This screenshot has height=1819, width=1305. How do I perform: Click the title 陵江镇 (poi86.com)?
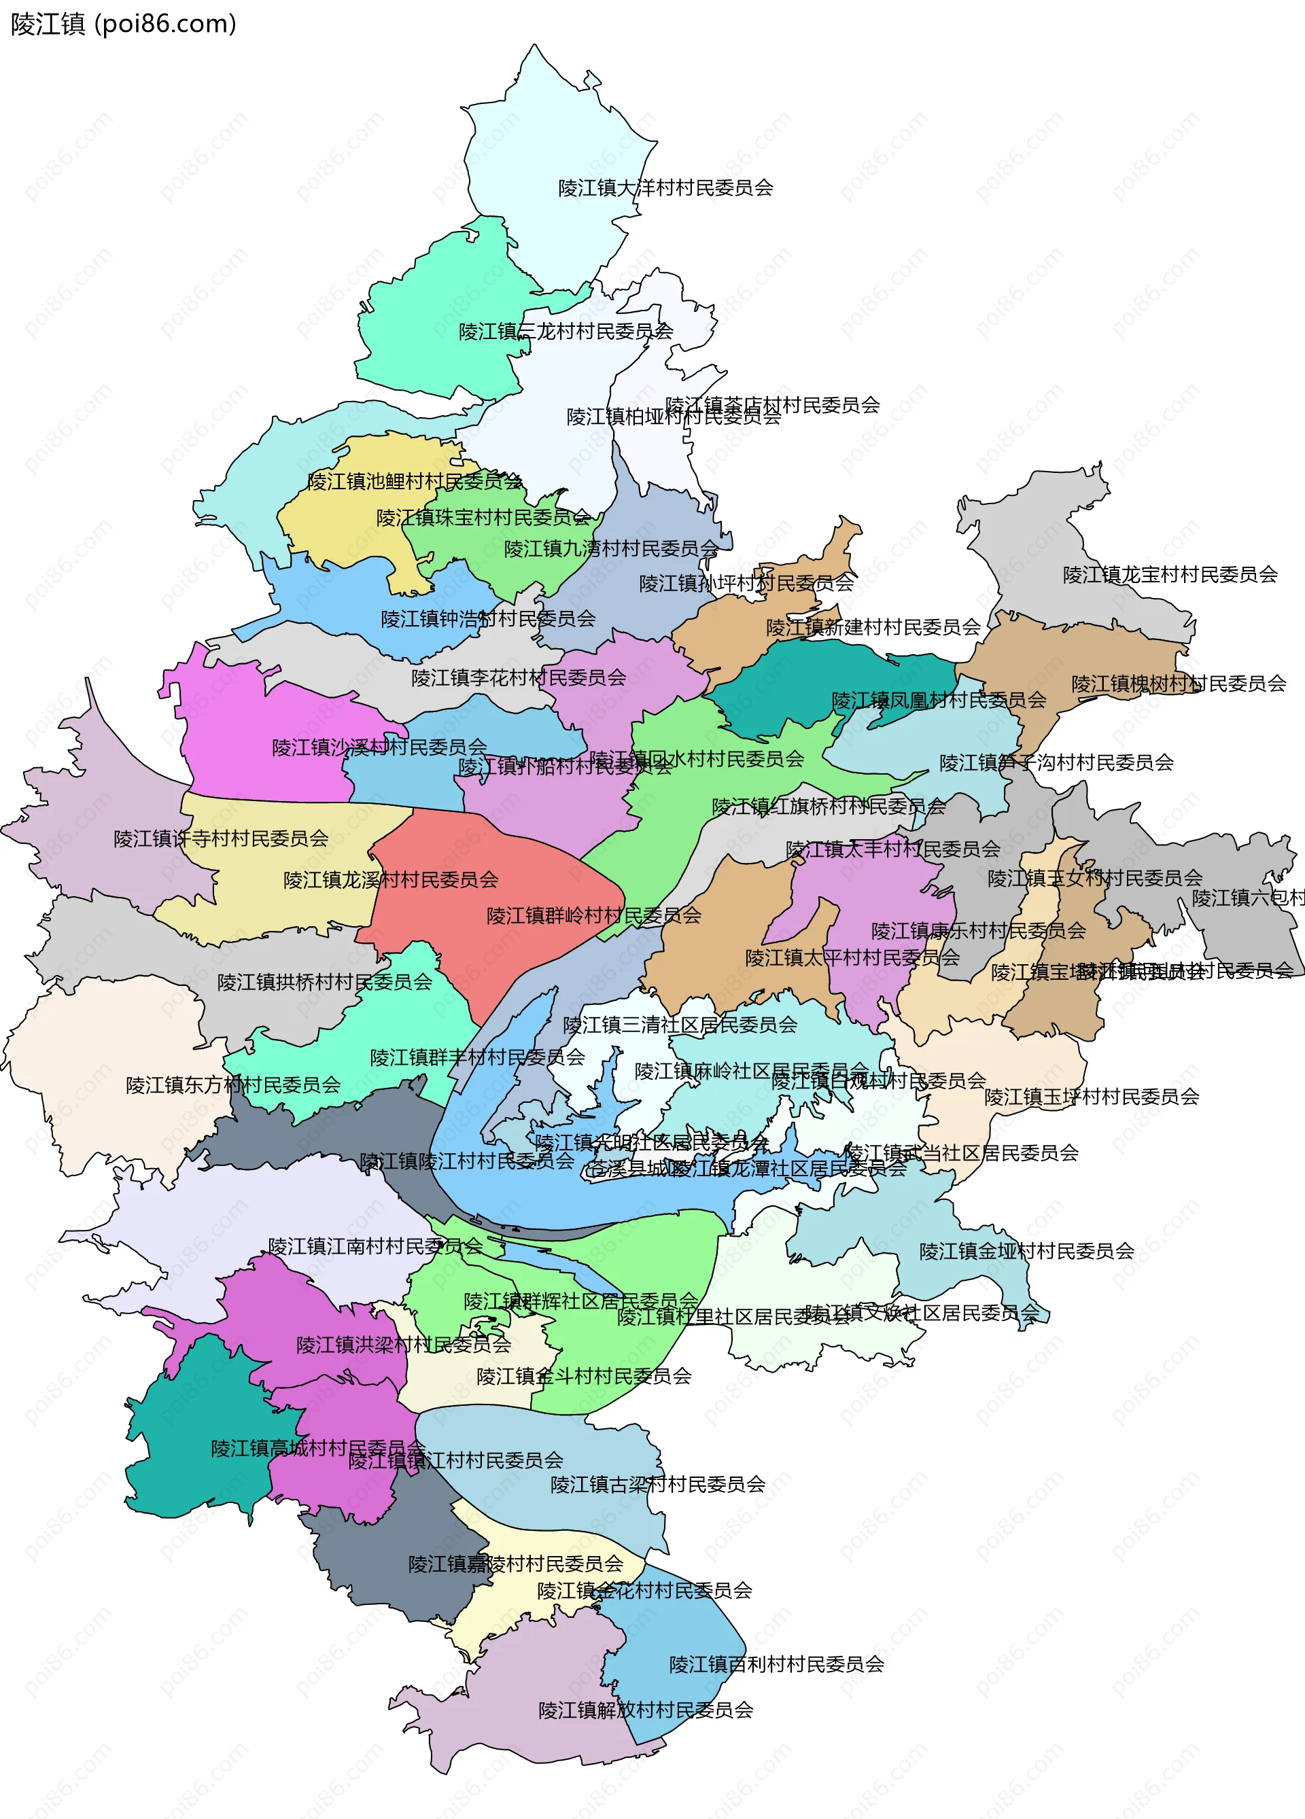click(x=124, y=24)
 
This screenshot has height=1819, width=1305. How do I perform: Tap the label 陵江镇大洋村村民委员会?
click(x=665, y=188)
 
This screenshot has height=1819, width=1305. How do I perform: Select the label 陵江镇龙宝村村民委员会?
click(x=1170, y=574)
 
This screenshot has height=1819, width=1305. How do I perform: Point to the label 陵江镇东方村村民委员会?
click(x=232, y=1085)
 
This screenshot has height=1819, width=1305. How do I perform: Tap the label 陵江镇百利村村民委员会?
click(x=776, y=1664)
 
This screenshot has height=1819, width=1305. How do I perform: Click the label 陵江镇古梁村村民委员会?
click(x=658, y=1485)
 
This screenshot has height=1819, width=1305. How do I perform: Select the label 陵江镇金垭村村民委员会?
click(x=1027, y=1251)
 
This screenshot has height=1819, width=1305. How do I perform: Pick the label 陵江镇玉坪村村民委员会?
click(x=1092, y=1097)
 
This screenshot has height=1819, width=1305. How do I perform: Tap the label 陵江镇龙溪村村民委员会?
click(x=391, y=880)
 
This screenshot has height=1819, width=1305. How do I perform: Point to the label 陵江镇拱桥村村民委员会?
click(x=325, y=982)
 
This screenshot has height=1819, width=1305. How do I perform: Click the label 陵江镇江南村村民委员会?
click(x=375, y=1246)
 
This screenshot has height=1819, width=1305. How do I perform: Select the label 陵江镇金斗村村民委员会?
click(x=584, y=1376)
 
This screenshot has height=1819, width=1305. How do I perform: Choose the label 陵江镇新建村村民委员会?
click(x=873, y=627)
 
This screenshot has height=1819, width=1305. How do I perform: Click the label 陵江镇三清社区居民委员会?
click(x=680, y=1024)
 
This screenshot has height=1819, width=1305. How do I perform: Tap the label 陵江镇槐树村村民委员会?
click(x=1179, y=684)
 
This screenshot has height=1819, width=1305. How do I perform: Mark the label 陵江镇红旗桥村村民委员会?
click(x=829, y=806)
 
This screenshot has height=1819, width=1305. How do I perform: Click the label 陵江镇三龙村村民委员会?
click(x=565, y=331)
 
